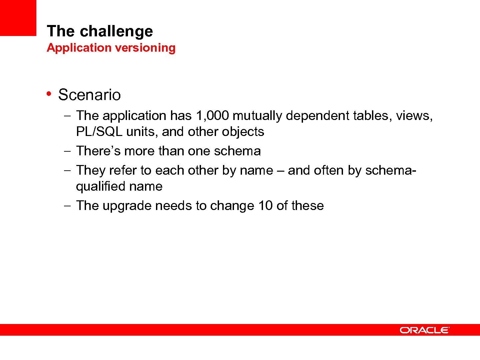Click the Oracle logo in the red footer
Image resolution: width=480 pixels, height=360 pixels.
[424, 330]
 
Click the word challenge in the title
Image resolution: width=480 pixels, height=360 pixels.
[116, 31]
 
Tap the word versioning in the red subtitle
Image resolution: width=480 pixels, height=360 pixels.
[145, 48]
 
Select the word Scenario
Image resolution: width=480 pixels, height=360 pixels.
[89, 95]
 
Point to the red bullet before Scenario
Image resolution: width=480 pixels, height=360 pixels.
[49, 94]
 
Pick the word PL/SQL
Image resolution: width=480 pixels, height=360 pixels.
[99, 132]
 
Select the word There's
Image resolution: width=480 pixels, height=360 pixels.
[98, 151]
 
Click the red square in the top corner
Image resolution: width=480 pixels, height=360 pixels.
[18, 18]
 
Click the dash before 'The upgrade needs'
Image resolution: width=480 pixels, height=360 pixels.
[67, 206]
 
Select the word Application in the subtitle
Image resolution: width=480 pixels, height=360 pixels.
[79, 48]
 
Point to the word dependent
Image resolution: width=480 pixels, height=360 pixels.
[318, 116]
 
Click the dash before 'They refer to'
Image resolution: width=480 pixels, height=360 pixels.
[67, 170]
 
